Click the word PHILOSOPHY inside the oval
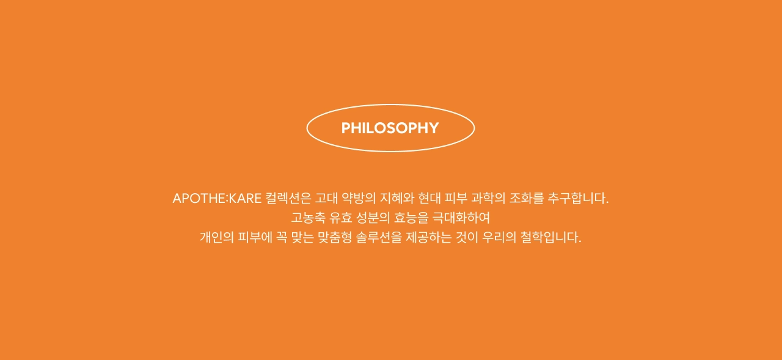pyautogui.click(x=390, y=128)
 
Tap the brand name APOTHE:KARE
pyautogui.click(x=217, y=198)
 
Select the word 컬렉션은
pyautogui.click(x=288, y=198)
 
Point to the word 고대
pyautogui.click(x=326, y=198)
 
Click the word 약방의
pyautogui.click(x=359, y=198)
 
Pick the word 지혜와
pyautogui.click(x=397, y=198)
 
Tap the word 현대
pyautogui.click(x=429, y=198)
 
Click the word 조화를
pyautogui.click(x=527, y=198)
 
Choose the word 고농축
pyautogui.click(x=309, y=218)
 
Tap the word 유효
pyautogui.click(x=341, y=218)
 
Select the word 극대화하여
pyautogui.click(x=461, y=218)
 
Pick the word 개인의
pyautogui.click(x=217, y=237)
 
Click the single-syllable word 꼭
pyautogui.click(x=282, y=237)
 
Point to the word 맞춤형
pyautogui.click(x=335, y=237)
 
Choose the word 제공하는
pyautogui.click(x=429, y=237)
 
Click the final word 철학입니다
pyautogui.click(x=550, y=237)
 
